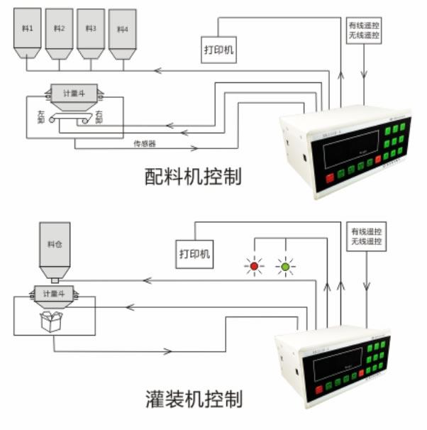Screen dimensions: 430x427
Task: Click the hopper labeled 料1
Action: (27, 32)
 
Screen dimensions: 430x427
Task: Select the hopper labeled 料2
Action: (59, 32)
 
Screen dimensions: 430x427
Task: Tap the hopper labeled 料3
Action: (91, 32)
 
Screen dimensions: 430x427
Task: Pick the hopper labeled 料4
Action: (123, 33)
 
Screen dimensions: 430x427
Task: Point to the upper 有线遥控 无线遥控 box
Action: (363, 30)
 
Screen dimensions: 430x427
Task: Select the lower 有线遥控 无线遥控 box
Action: (366, 237)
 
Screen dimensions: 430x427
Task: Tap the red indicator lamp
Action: (254, 267)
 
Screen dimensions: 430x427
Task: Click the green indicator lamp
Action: (285, 267)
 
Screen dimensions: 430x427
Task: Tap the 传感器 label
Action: (143, 143)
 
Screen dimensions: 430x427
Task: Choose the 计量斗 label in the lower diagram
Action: (54, 292)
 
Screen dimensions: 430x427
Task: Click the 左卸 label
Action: (40, 116)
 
